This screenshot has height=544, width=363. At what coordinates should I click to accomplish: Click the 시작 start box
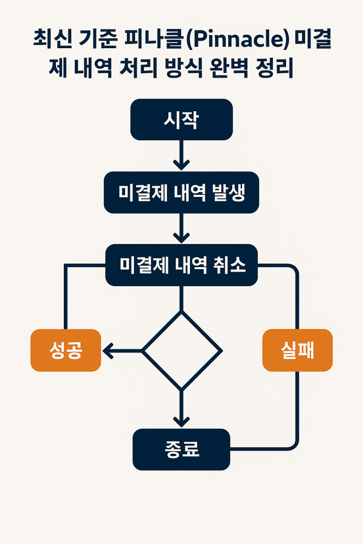181,119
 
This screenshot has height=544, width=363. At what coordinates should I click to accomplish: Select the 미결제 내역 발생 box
181,193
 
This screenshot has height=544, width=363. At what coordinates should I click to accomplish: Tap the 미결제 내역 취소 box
181,265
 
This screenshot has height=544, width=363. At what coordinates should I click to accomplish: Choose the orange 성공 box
66,350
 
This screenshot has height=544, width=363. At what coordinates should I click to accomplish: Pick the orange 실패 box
297,350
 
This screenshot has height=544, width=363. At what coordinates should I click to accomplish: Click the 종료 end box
181,449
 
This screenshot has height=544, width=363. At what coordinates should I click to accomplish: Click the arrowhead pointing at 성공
108,351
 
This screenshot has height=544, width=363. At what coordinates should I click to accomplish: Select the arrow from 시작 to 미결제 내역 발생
181,155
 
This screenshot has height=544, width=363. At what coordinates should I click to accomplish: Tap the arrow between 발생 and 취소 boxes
181,228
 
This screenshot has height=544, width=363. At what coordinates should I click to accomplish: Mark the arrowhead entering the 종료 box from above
181,422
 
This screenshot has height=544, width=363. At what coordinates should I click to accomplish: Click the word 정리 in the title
274,68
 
